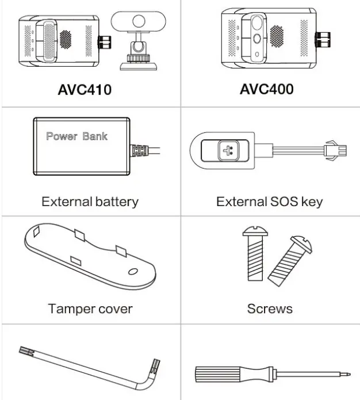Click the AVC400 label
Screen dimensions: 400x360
coord(266,89)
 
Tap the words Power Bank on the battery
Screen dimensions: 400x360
coord(76,136)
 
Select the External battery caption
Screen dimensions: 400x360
coord(90,201)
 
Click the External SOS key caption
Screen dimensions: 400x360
coord(269,201)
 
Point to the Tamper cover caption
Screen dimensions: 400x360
coord(90,308)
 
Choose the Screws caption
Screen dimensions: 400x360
coord(269,308)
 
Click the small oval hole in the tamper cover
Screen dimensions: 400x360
coord(133,271)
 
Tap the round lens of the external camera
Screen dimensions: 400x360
coord(138,22)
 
